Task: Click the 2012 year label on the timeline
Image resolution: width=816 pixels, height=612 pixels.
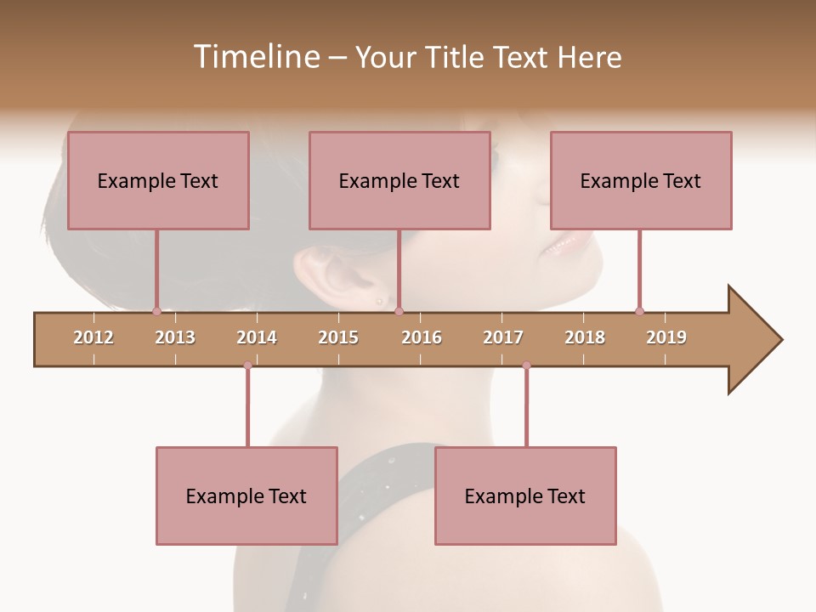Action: coord(93,337)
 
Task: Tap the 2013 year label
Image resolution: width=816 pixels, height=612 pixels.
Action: coord(175,337)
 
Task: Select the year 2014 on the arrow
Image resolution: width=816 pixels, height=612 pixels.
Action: coord(257,337)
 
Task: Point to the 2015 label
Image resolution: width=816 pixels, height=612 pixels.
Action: coord(338,337)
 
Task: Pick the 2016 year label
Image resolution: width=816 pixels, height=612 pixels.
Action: coord(422,337)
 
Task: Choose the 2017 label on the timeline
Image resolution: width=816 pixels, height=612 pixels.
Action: coord(503,337)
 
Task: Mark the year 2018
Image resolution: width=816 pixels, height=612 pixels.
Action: coord(585,337)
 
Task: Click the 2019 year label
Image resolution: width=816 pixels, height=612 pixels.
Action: coord(666,337)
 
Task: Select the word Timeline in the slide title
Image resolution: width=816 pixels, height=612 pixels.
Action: coord(254,57)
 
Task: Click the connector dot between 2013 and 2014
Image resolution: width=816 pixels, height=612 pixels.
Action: coord(247,365)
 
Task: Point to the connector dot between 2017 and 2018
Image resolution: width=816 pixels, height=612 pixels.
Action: coord(526,365)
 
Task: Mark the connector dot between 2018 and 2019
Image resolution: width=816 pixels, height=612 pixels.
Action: coord(639,311)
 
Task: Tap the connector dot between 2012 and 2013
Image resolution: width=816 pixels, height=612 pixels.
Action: coord(156,311)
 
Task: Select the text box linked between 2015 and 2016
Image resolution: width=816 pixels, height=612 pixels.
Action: coord(399,180)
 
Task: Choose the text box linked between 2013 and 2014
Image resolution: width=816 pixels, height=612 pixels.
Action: coord(246,496)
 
